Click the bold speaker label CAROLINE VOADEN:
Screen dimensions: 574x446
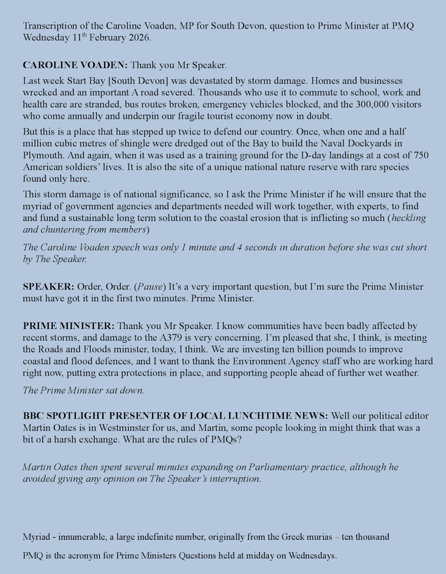[x=75, y=65]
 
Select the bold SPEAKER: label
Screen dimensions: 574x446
[x=49, y=286]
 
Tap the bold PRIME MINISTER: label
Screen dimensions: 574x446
[x=69, y=326]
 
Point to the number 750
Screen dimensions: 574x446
[x=420, y=155]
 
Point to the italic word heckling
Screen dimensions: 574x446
[x=409, y=218]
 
